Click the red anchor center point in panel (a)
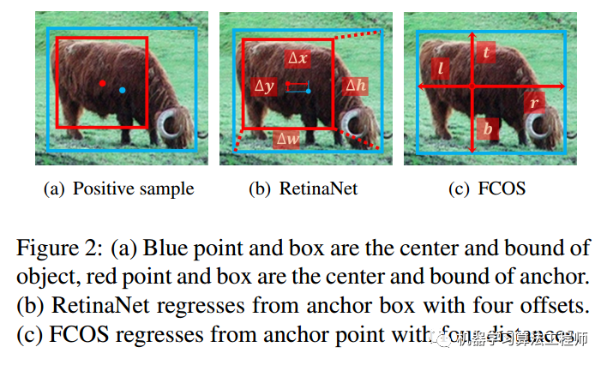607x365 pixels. [102, 83]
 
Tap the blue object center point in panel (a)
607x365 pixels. [123, 90]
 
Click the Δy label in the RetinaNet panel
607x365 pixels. [265, 87]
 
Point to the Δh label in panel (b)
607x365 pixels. [353, 86]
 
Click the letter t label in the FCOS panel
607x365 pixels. [487, 53]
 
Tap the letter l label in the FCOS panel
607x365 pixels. [441, 67]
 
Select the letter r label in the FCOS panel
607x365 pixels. [533, 103]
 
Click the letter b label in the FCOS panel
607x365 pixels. [488, 130]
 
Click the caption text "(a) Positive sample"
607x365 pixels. [118, 188]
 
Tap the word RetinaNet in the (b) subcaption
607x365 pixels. [318, 188]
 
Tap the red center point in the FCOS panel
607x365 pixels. [472, 87]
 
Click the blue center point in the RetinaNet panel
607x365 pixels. [308, 90]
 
